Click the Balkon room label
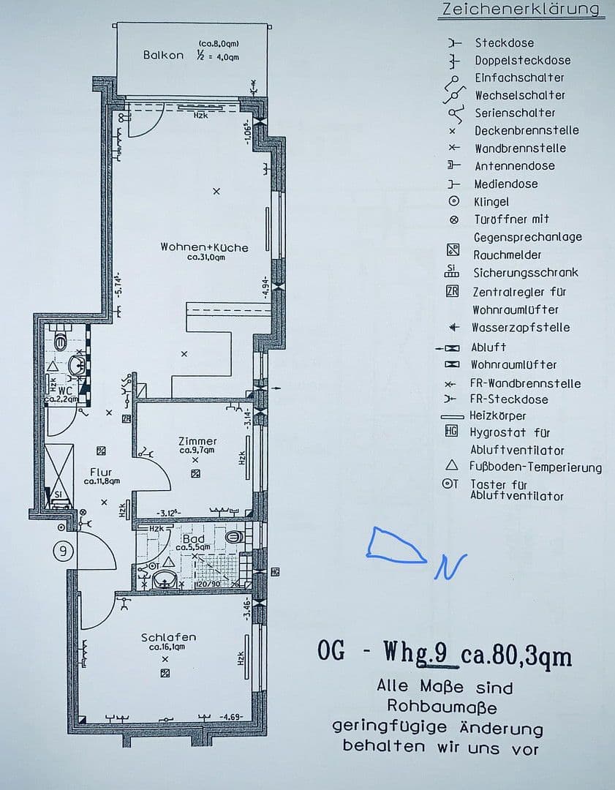click(x=163, y=55)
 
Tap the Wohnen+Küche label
click(x=204, y=247)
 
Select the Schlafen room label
click(x=168, y=637)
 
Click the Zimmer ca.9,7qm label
click(x=197, y=445)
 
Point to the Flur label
click(x=101, y=472)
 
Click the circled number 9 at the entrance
click(x=64, y=552)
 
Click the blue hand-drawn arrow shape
click(x=395, y=546)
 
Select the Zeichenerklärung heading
click(x=520, y=10)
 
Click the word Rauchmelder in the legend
click(x=508, y=255)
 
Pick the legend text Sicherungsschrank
click(x=525, y=272)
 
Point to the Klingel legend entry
click(x=491, y=201)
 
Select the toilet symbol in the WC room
click(x=61, y=339)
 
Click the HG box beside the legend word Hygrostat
click(x=451, y=432)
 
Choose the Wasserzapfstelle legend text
click(x=520, y=327)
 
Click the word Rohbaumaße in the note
click(x=442, y=707)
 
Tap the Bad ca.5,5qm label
click(x=194, y=542)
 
